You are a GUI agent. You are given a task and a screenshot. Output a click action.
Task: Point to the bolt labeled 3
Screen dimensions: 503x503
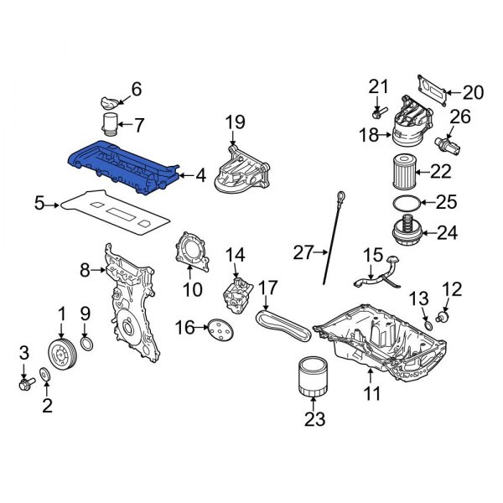pos(25,385)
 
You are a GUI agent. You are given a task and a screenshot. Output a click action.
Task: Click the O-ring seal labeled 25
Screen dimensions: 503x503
pos(405,202)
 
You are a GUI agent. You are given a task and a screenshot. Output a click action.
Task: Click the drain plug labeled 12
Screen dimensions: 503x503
pos(444,318)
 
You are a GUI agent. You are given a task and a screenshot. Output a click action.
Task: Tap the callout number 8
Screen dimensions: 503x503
pos(83,270)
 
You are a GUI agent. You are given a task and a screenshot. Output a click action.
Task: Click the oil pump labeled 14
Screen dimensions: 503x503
pos(237,298)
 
